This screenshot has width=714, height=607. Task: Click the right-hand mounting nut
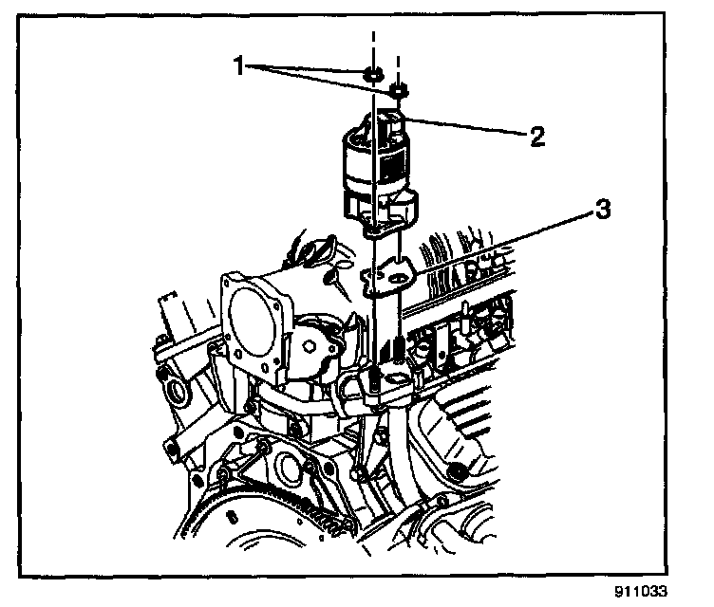click(x=399, y=91)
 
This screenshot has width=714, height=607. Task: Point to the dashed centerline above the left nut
click(x=373, y=47)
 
